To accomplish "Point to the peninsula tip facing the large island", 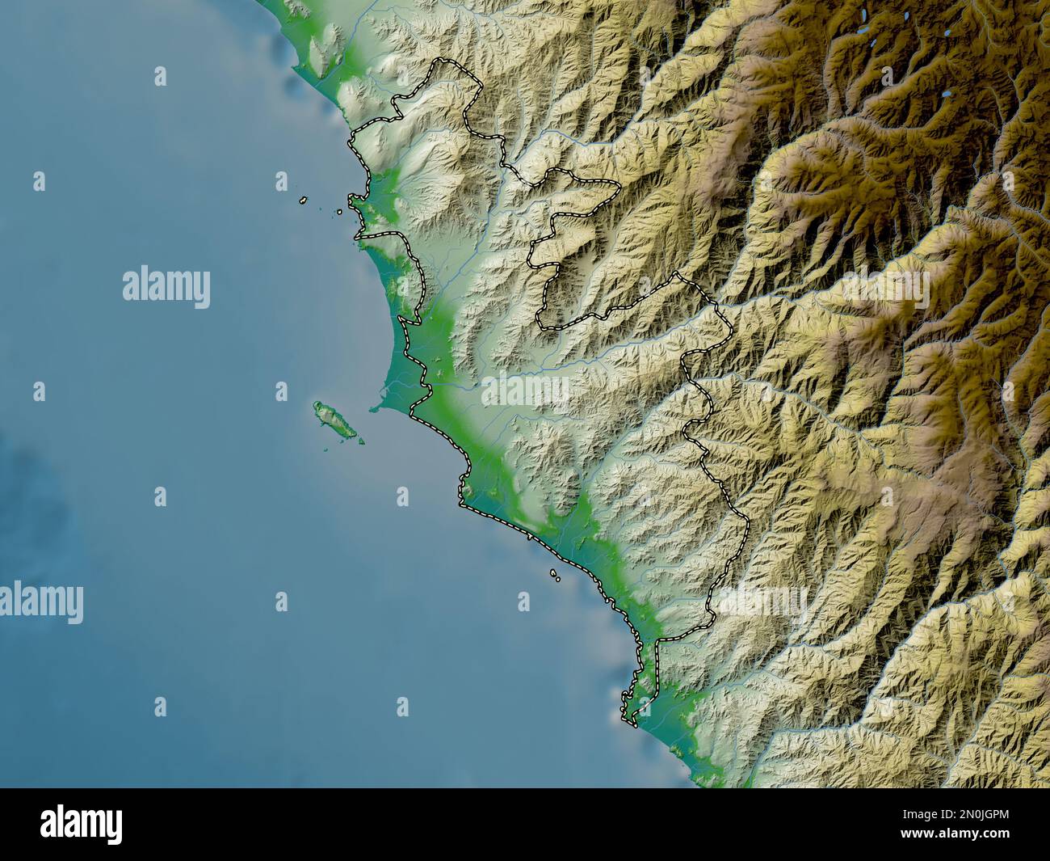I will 375,408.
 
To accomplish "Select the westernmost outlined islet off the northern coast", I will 300,200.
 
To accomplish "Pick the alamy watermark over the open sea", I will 166,288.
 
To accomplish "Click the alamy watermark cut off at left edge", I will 40,603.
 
